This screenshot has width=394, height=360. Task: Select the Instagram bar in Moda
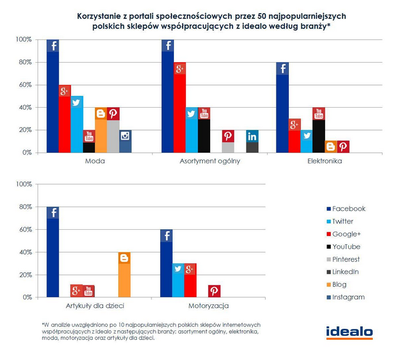point(125,141)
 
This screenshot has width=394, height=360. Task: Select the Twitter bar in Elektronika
point(306,141)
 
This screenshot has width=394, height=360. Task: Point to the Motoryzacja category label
point(208,306)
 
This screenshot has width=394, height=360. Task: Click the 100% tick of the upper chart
point(24,39)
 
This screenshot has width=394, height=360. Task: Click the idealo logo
point(349,332)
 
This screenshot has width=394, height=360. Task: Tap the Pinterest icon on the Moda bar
point(113,113)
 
